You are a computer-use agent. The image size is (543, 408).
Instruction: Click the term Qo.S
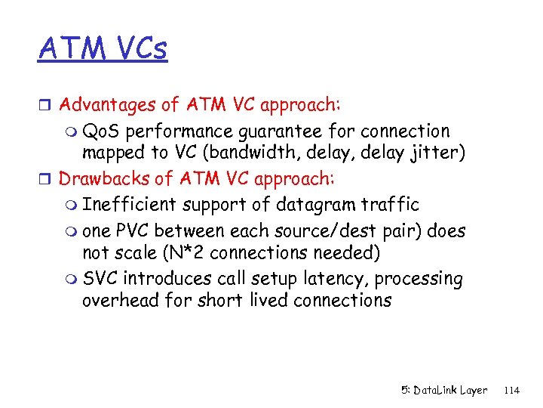coord(102,131)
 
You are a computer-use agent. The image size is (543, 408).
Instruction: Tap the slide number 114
coord(511,390)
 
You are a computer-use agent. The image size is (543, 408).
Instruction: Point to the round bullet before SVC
coord(71,280)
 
